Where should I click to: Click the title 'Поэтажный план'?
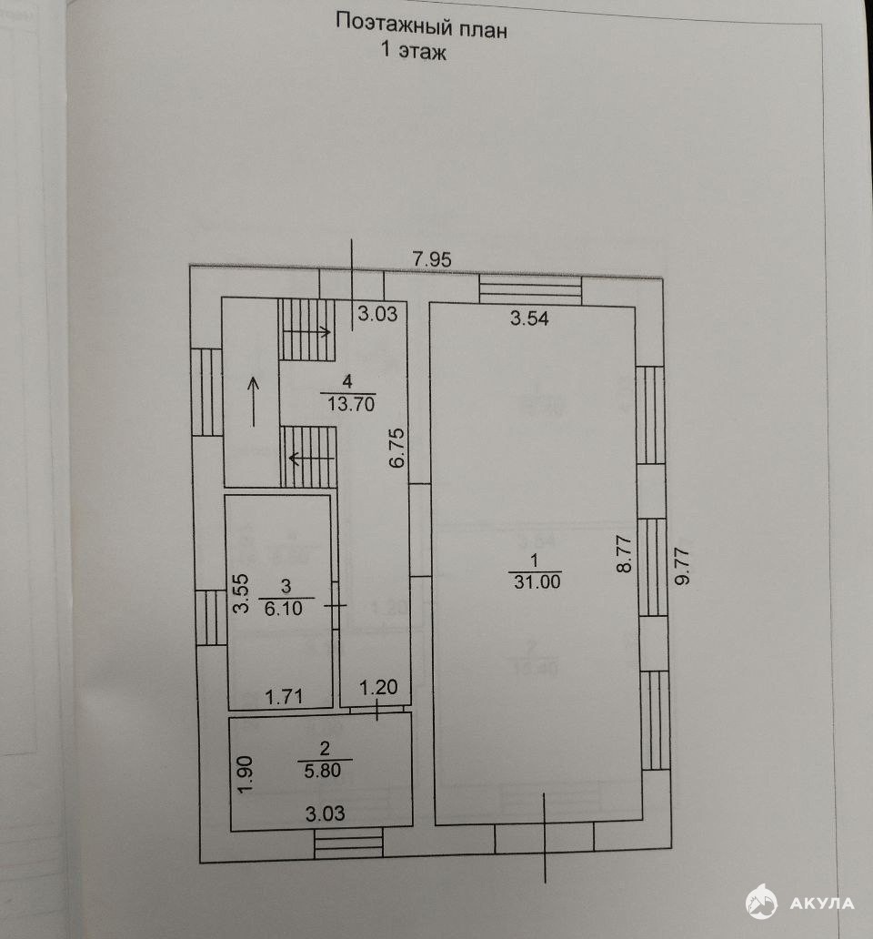pos(421,26)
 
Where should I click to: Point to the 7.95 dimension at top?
pos(432,259)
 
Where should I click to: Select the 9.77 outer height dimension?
pos(682,566)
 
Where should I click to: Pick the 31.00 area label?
pos(537,581)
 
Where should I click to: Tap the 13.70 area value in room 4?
pos(351,404)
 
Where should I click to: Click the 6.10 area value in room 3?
pos(284,609)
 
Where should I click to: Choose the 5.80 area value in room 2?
pos(323,770)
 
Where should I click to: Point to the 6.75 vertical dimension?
pos(396,448)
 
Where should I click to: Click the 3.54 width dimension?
pos(529,318)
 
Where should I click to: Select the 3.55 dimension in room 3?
pos(241,594)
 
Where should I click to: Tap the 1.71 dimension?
pos(285,696)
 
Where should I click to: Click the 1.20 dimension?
pos(378,687)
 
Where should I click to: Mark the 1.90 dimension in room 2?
pos(246,774)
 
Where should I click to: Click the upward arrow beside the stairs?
pos(255,401)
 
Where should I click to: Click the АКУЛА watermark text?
pos(821,904)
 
